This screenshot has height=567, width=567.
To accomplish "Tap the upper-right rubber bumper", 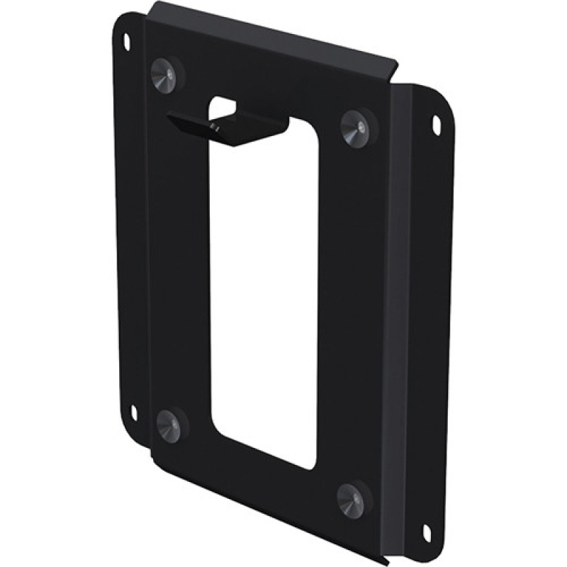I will (x=356, y=128).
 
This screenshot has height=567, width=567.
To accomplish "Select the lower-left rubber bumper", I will (x=169, y=424).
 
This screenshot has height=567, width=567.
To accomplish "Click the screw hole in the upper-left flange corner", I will (x=127, y=38).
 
